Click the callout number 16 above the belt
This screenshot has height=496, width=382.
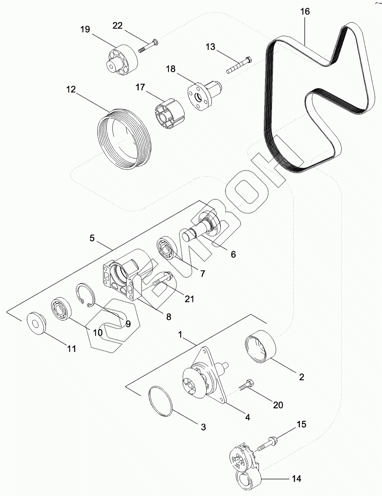click(305, 12)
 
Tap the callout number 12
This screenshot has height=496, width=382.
click(71, 89)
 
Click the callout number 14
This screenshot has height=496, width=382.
click(296, 479)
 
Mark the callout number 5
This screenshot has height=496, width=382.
click(92, 238)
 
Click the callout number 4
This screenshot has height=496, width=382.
click(247, 417)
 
